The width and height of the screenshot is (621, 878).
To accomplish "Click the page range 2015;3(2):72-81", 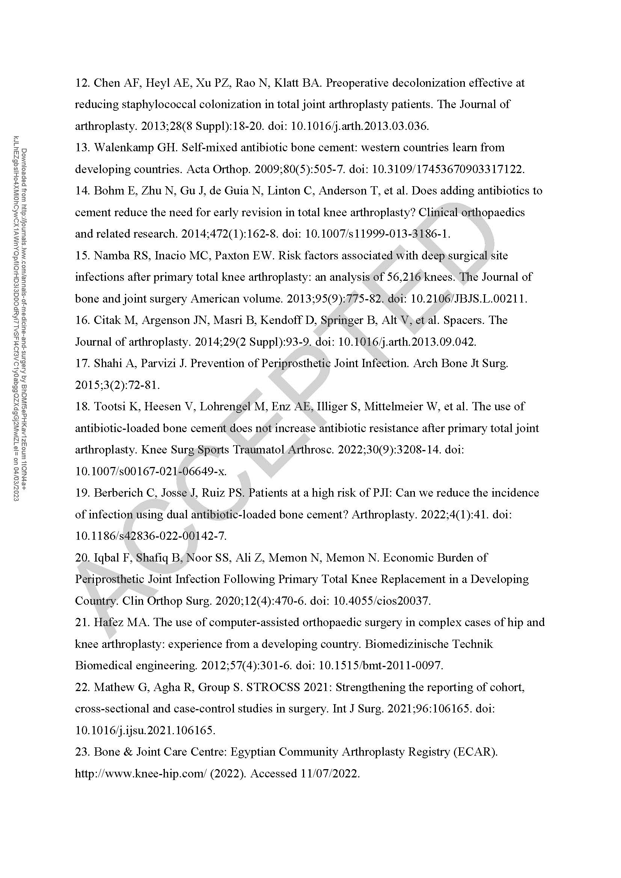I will tap(117, 385).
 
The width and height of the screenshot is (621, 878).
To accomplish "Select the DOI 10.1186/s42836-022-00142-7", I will tap(151, 536).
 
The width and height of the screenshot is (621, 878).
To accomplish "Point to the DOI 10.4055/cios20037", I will tap(381, 601).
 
